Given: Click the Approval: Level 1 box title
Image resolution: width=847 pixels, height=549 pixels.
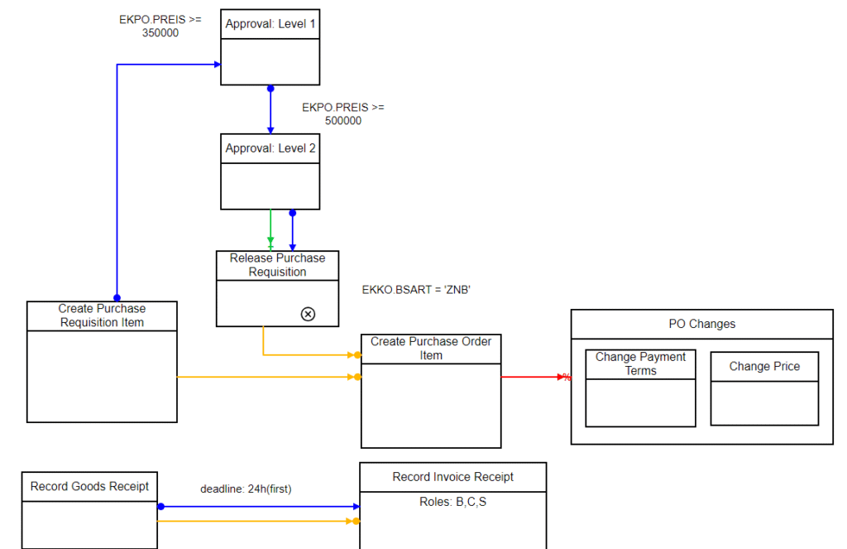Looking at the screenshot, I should tap(270, 24).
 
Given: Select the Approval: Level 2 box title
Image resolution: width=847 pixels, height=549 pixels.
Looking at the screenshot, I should tap(270, 149).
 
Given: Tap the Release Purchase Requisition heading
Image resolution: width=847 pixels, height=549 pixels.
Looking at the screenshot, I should tap(277, 265).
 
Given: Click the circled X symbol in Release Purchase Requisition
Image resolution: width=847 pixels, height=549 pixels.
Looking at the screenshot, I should tap(308, 314).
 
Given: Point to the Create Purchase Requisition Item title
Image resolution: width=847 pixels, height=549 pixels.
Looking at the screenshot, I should tap(102, 315).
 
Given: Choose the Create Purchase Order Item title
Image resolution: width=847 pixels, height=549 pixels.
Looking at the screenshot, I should tap(430, 349).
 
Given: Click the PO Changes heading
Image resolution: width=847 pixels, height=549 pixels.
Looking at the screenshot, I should tap(701, 324).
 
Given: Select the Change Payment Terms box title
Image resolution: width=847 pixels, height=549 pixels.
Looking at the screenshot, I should tap(640, 364).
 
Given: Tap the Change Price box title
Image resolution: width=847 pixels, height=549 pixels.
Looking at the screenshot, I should tap(763, 366).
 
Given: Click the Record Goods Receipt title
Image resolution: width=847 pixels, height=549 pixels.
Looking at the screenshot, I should tap(89, 486).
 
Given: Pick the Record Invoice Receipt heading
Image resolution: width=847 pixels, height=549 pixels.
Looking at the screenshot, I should tap(452, 477).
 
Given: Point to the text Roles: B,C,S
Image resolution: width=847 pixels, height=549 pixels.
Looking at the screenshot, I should tap(452, 502).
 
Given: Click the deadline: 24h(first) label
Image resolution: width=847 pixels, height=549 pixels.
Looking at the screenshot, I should tap(246, 489).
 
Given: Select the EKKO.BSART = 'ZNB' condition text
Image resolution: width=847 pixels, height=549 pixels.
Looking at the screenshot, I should tap(416, 290).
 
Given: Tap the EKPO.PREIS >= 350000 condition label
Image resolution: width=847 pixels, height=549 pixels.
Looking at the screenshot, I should tap(160, 26).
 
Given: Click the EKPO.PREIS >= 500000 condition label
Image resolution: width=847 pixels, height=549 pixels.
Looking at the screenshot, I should tap(342, 114).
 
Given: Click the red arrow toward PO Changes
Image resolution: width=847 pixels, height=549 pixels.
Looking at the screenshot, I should tap(534, 377).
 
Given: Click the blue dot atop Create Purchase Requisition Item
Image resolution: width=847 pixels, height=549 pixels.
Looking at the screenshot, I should tap(117, 298).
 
